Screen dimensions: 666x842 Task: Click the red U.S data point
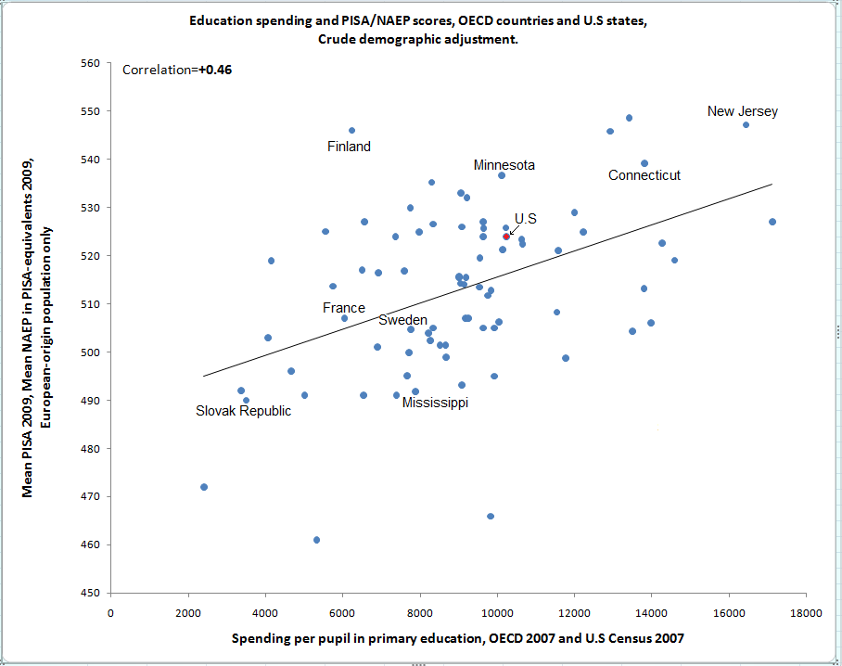pos(506,237)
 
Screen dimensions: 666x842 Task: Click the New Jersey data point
pos(746,124)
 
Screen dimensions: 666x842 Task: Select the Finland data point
pos(351,131)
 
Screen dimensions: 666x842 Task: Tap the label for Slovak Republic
pos(243,411)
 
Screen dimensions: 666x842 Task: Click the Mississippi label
pos(435,403)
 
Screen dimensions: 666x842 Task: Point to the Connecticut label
pos(644,175)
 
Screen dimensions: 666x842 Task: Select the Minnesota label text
pos(504,165)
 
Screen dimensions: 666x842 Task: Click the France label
pos(343,308)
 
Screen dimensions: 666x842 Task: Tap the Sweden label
pos(402,320)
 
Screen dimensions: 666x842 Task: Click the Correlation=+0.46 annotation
pos(177,70)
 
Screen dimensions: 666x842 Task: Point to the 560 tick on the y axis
pos(89,63)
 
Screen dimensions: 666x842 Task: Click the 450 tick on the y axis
pos(89,593)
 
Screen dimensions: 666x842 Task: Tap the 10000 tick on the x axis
pos(497,612)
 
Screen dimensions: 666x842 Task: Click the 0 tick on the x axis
pos(111,612)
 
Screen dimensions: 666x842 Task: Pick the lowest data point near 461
pos(316,540)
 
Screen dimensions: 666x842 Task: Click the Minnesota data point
pos(502,175)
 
